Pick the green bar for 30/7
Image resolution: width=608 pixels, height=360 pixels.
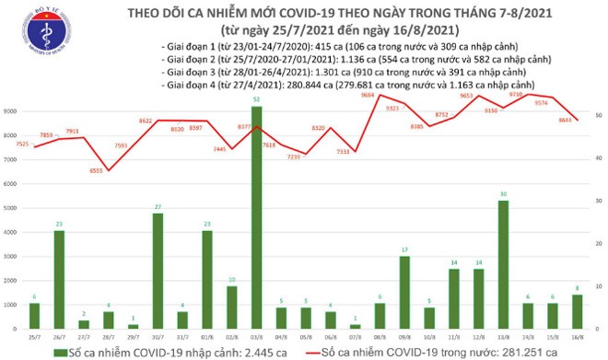(158, 271)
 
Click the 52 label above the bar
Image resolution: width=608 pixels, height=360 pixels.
(255, 99)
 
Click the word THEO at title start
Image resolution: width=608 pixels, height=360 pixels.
(125, 9)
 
